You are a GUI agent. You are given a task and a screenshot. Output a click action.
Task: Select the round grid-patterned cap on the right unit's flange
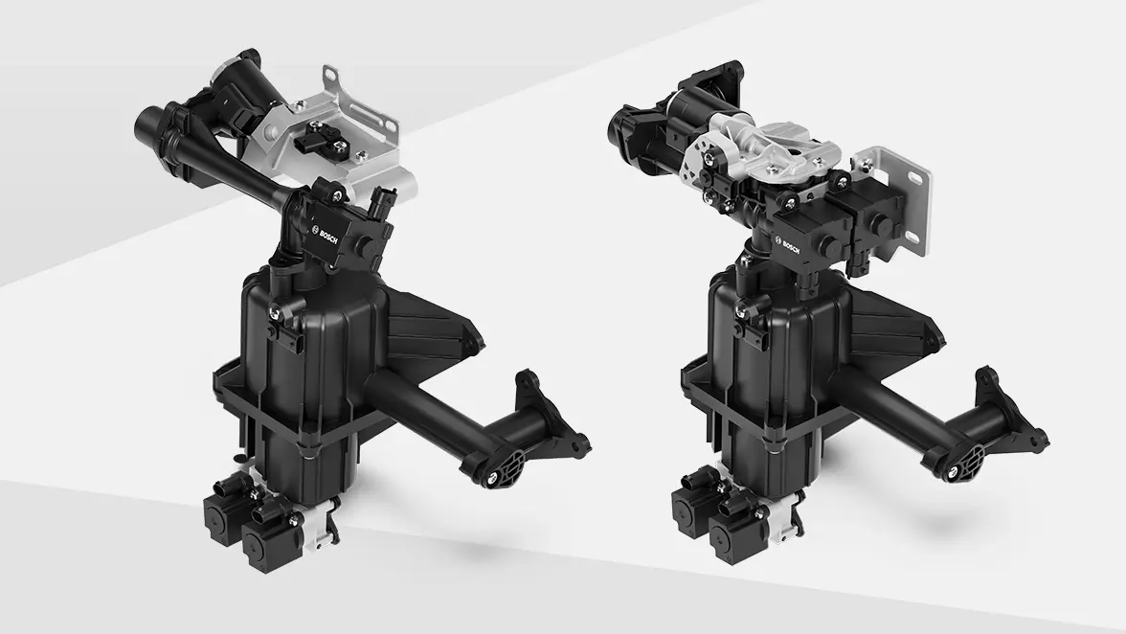[975, 454]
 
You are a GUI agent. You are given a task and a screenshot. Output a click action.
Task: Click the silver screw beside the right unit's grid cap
[953, 472]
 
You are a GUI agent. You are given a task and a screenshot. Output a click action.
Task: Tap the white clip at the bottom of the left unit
[321, 527]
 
